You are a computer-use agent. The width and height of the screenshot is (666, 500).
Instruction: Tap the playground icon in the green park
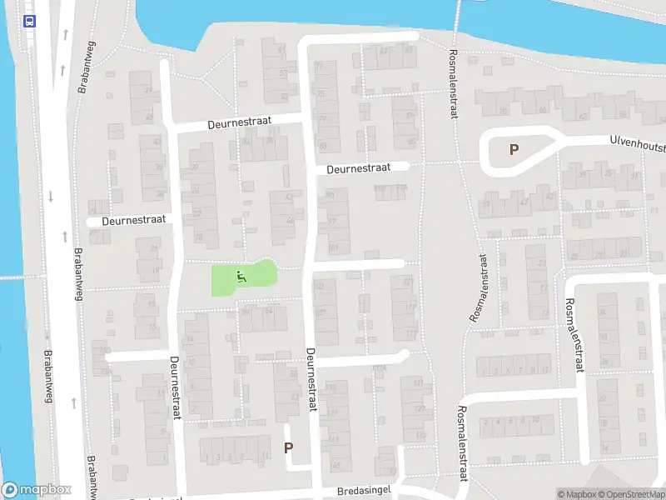click(x=241, y=276)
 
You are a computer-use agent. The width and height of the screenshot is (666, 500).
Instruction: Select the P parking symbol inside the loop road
click(x=514, y=150)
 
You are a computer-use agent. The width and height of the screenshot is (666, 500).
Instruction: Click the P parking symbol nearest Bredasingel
click(x=289, y=447)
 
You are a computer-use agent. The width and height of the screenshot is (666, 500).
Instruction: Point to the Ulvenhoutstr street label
click(x=637, y=144)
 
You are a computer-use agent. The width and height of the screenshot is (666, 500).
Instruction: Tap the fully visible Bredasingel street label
click(x=365, y=492)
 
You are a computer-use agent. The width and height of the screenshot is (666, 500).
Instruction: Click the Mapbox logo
click(x=37, y=490)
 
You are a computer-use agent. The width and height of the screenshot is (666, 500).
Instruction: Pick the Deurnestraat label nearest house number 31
click(x=133, y=221)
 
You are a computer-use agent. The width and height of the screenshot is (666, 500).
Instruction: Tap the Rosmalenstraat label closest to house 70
click(x=454, y=83)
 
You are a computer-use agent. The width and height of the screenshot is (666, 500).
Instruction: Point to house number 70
click(x=502, y=110)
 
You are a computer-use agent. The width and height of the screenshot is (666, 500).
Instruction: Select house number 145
click(x=335, y=465)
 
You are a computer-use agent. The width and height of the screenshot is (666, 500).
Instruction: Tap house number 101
click(x=334, y=247)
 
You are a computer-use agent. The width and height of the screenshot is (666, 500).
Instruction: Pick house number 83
click(x=322, y=145)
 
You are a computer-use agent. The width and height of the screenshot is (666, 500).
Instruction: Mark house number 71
click(x=320, y=67)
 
